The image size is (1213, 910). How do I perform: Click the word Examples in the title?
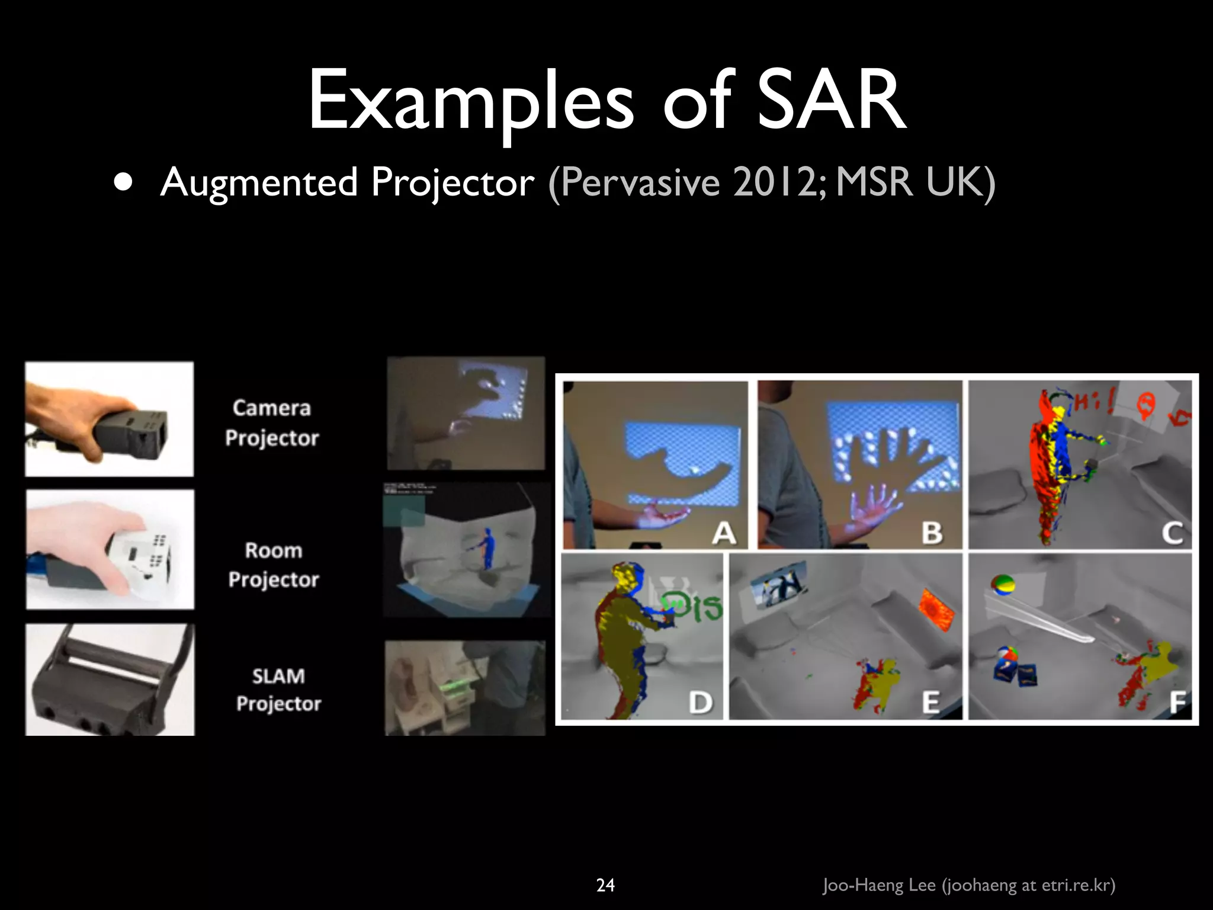[x=471, y=101]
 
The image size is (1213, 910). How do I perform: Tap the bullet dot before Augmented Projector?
[x=123, y=182]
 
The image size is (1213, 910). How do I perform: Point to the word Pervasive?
[x=640, y=182]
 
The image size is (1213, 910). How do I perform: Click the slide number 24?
[x=605, y=885]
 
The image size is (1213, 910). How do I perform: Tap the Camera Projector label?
[x=272, y=423]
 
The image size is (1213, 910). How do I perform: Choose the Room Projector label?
[x=274, y=565]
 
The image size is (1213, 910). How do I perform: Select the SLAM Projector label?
[x=278, y=690]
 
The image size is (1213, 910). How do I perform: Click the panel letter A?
[x=724, y=533]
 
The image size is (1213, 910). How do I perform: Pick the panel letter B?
[x=932, y=533]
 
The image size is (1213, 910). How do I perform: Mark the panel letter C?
[x=1172, y=533]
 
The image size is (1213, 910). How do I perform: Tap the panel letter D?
[x=701, y=703]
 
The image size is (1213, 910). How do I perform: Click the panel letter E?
[x=931, y=703]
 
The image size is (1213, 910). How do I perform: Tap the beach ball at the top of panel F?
[x=1002, y=584]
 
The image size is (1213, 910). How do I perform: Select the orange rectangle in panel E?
[x=936, y=610]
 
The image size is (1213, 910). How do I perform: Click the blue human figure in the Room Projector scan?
[x=487, y=549]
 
